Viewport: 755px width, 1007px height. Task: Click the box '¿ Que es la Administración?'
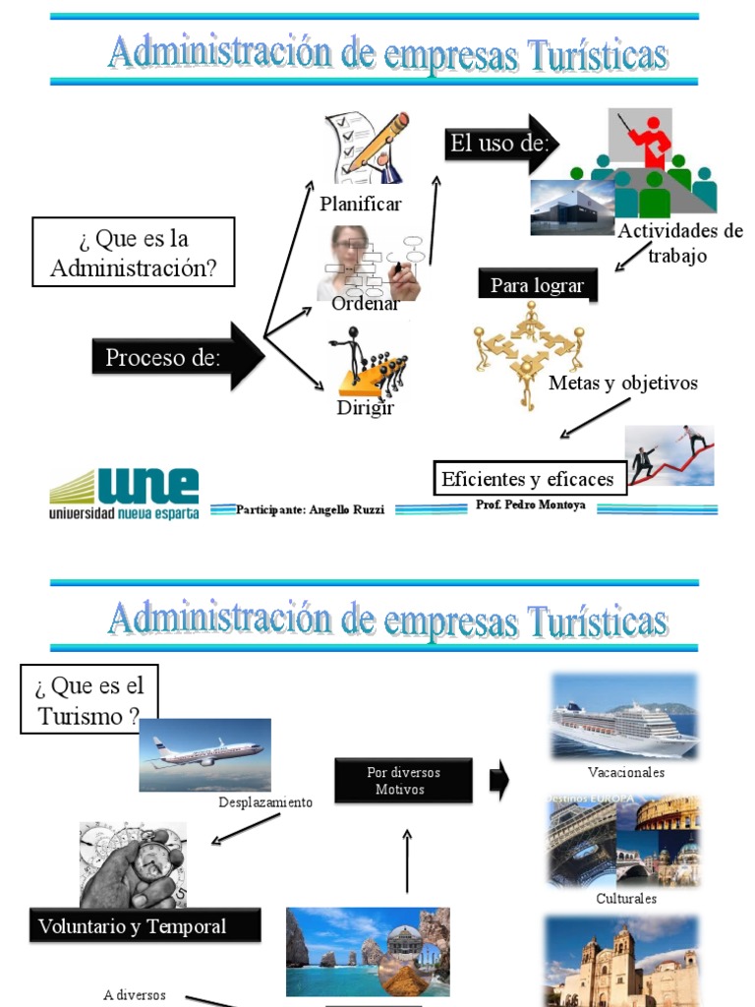pyautogui.click(x=134, y=253)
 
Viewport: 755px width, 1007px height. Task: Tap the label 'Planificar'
pyautogui.click(x=361, y=205)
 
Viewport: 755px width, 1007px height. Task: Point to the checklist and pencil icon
pyautogui.click(x=367, y=148)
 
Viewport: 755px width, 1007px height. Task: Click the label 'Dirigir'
pyautogui.click(x=365, y=407)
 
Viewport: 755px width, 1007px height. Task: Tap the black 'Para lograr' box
pyautogui.click(x=537, y=285)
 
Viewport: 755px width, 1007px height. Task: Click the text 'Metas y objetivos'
pyautogui.click(x=623, y=383)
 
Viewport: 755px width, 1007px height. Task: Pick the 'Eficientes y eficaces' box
pyautogui.click(x=529, y=479)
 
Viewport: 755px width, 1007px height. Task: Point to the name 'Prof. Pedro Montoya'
pyautogui.click(x=530, y=505)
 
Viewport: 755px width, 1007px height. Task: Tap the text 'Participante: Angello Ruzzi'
pyautogui.click(x=310, y=510)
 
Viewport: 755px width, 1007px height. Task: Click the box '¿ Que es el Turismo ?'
pyautogui.click(x=89, y=699)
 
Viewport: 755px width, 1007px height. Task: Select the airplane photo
pyautogui.click(x=204, y=754)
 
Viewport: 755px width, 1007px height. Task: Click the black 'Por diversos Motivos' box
pyautogui.click(x=403, y=781)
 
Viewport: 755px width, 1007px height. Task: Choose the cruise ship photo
pyautogui.click(x=624, y=716)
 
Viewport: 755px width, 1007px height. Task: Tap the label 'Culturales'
pyautogui.click(x=626, y=898)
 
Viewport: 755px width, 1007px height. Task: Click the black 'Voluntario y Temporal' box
pyautogui.click(x=145, y=926)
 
